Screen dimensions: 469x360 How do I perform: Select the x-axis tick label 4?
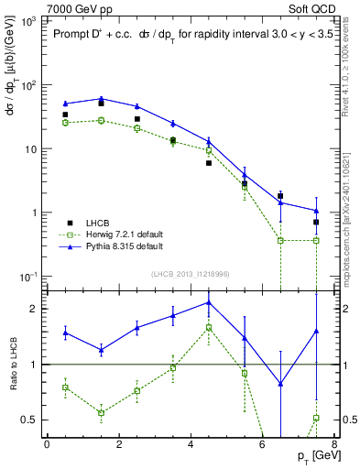tap(191, 444)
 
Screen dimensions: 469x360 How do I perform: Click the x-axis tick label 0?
tap(47, 444)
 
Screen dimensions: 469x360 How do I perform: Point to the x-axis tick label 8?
tap(333, 444)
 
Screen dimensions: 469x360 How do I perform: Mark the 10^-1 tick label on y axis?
tap(27, 277)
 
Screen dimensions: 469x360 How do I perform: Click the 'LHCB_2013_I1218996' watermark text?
tap(190, 274)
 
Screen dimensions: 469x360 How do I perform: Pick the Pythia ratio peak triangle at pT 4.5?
tap(209, 301)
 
